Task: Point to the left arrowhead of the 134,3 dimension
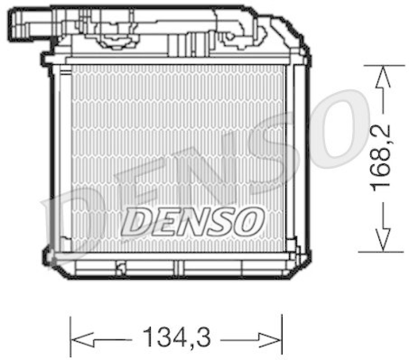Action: pyautogui.click(x=82, y=337)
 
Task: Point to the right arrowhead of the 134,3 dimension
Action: pyautogui.click(x=270, y=337)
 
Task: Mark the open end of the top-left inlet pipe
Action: pyautogui.click(x=14, y=23)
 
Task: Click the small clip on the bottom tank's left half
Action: pyautogui.click(x=121, y=266)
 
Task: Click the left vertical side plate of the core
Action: pyautogui.click(x=62, y=153)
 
